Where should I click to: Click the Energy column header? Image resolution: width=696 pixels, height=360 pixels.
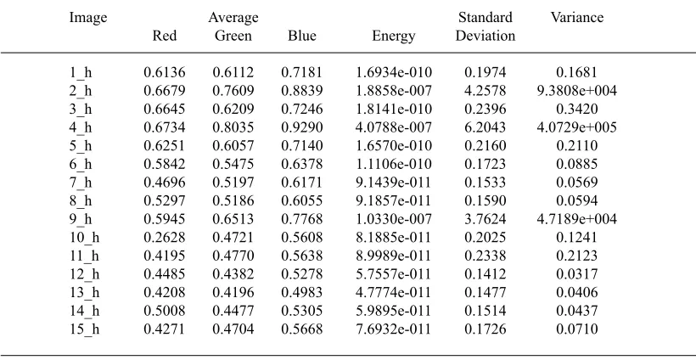[x=393, y=36]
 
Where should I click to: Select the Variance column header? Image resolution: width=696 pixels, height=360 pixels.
[x=577, y=17]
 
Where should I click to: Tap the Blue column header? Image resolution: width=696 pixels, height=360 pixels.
[x=302, y=36]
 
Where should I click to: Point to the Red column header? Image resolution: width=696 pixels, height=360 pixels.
[x=164, y=36]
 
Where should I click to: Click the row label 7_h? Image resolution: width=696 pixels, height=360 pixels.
[x=81, y=183]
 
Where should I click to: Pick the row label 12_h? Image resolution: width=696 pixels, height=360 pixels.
[x=84, y=274]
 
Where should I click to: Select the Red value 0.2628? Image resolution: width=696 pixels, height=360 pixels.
[x=164, y=238]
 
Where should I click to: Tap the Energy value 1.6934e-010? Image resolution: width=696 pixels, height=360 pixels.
[x=394, y=72]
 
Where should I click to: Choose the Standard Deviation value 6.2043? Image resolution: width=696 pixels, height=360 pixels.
[x=486, y=127]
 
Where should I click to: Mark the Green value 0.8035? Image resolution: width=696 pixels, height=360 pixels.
[x=233, y=127]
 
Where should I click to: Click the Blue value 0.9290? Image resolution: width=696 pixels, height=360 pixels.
[x=302, y=127]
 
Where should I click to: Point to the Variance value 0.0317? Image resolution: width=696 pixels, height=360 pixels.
[x=576, y=274]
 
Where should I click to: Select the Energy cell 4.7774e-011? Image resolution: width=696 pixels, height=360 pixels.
[x=394, y=293]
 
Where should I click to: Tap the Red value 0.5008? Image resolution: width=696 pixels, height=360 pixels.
[x=164, y=311]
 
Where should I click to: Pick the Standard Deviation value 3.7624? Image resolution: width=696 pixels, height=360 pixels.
[x=486, y=219]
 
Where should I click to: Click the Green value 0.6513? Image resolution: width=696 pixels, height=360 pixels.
[x=233, y=219]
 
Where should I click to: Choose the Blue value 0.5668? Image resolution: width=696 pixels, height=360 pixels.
[x=302, y=329]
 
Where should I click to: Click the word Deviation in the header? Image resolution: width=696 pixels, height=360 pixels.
[x=486, y=36]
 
